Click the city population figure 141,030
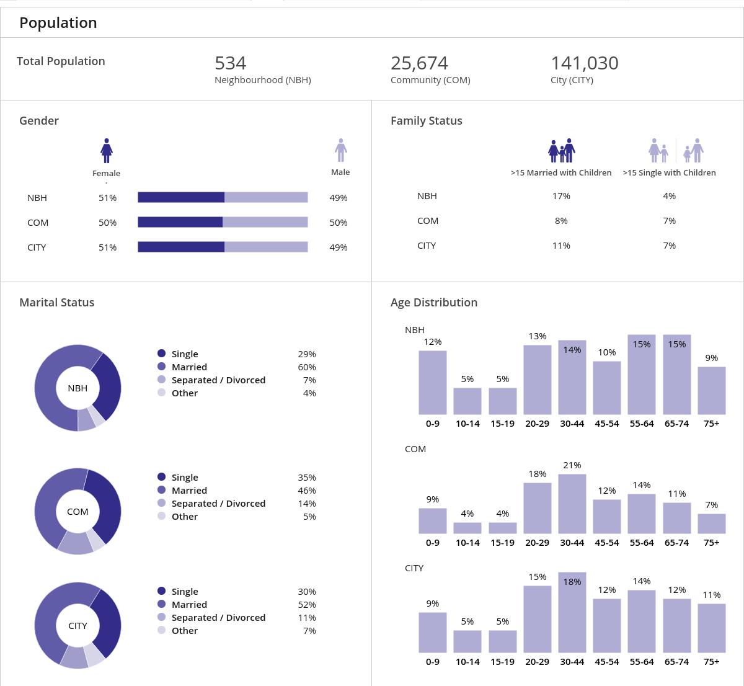[x=584, y=63]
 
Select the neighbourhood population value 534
[x=230, y=63]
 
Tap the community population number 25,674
[x=419, y=63]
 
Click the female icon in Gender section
[x=107, y=151]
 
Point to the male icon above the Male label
[x=340, y=150]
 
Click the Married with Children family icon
[x=562, y=151]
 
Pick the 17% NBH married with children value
[x=561, y=196]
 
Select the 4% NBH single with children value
[x=669, y=196]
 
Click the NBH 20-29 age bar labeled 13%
[x=537, y=380]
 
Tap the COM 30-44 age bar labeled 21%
[x=572, y=504]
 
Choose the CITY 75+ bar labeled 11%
[x=712, y=628]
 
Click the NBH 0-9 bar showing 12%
[x=432, y=382]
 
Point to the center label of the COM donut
[x=77, y=512]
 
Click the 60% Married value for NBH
[x=306, y=367]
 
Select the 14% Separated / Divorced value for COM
[x=306, y=504]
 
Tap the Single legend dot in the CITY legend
[x=162, y=591]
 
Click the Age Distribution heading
[x=434, y=303]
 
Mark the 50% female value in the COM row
[x=107, y=223]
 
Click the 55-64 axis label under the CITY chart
[x=642, y=662]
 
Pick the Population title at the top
[x=58, y=23]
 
